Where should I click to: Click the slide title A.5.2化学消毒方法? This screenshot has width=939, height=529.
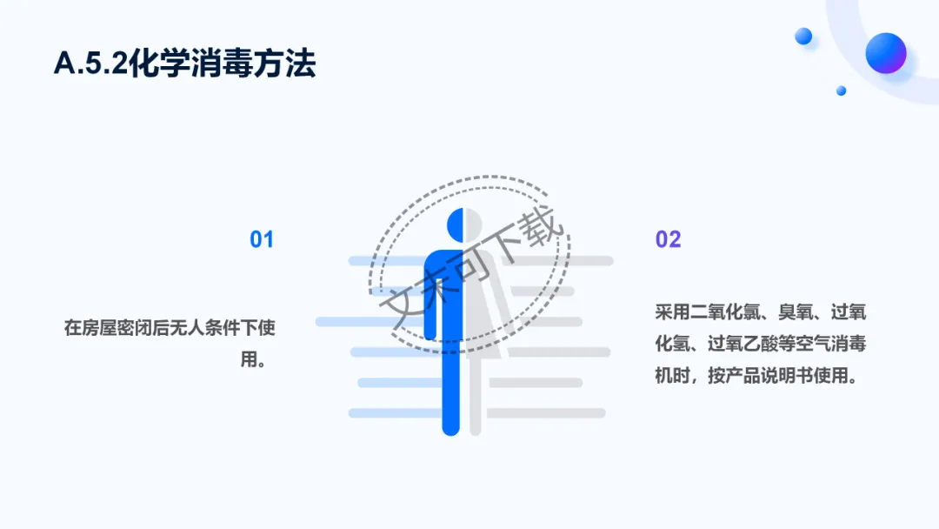coord(184,64)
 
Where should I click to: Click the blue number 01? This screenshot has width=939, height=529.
coord(262,239)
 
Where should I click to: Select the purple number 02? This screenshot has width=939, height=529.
coord(668,239)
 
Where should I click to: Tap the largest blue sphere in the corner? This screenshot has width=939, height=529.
coord(885,52)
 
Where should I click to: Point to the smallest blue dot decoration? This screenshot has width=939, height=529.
coord(841,90)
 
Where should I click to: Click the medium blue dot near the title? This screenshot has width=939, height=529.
coord(803,36)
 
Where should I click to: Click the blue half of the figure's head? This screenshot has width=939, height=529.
coord(456,224)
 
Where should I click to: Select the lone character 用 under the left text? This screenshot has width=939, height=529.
coord(252,359)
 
